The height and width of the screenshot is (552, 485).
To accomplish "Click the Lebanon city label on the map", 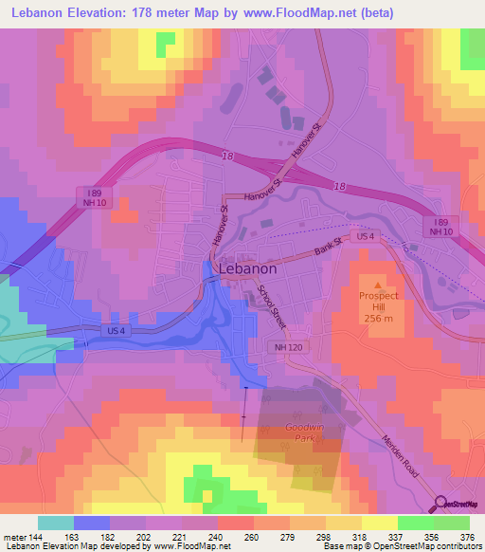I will coord(247,268).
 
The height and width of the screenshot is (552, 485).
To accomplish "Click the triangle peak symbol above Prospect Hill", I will coord(378,285).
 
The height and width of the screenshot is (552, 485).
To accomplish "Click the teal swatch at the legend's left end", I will coord(55,523).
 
